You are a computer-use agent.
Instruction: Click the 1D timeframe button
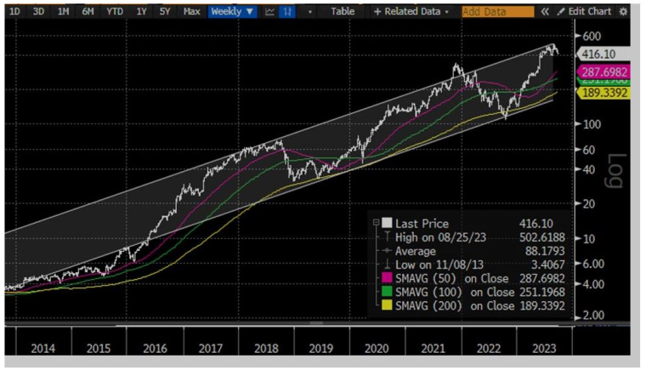click(14, 12)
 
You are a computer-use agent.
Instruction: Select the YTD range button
click(113, 12)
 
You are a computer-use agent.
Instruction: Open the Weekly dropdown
click(232, 12)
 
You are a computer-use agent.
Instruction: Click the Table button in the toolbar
click(343, 12)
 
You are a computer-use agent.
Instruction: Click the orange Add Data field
click(498, 12)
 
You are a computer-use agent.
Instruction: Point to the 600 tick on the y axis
click(592, 36)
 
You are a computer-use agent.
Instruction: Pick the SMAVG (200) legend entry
click(451, 306)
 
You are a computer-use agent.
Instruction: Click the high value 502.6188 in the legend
click(542, 237)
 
